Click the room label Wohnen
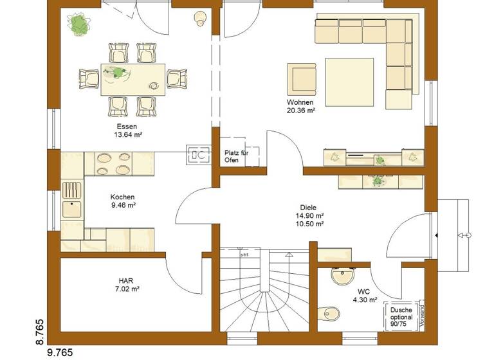click(300, 102)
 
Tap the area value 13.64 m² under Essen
click(127, 136)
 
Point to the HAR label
click(126, 280)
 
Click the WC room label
click(363, 291)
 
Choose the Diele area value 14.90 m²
click(310, 216)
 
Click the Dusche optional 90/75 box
click(401, 317)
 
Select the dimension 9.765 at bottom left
click(60, 352)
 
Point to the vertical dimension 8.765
click(39, 330)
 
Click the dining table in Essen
click(132, 79)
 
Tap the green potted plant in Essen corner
click(80, 25)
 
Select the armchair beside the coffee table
click(302, 79)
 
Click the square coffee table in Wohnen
click(349, 82)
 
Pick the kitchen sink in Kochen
click(71, 208)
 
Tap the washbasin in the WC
click(340, 277)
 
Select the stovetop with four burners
click(114, 163)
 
